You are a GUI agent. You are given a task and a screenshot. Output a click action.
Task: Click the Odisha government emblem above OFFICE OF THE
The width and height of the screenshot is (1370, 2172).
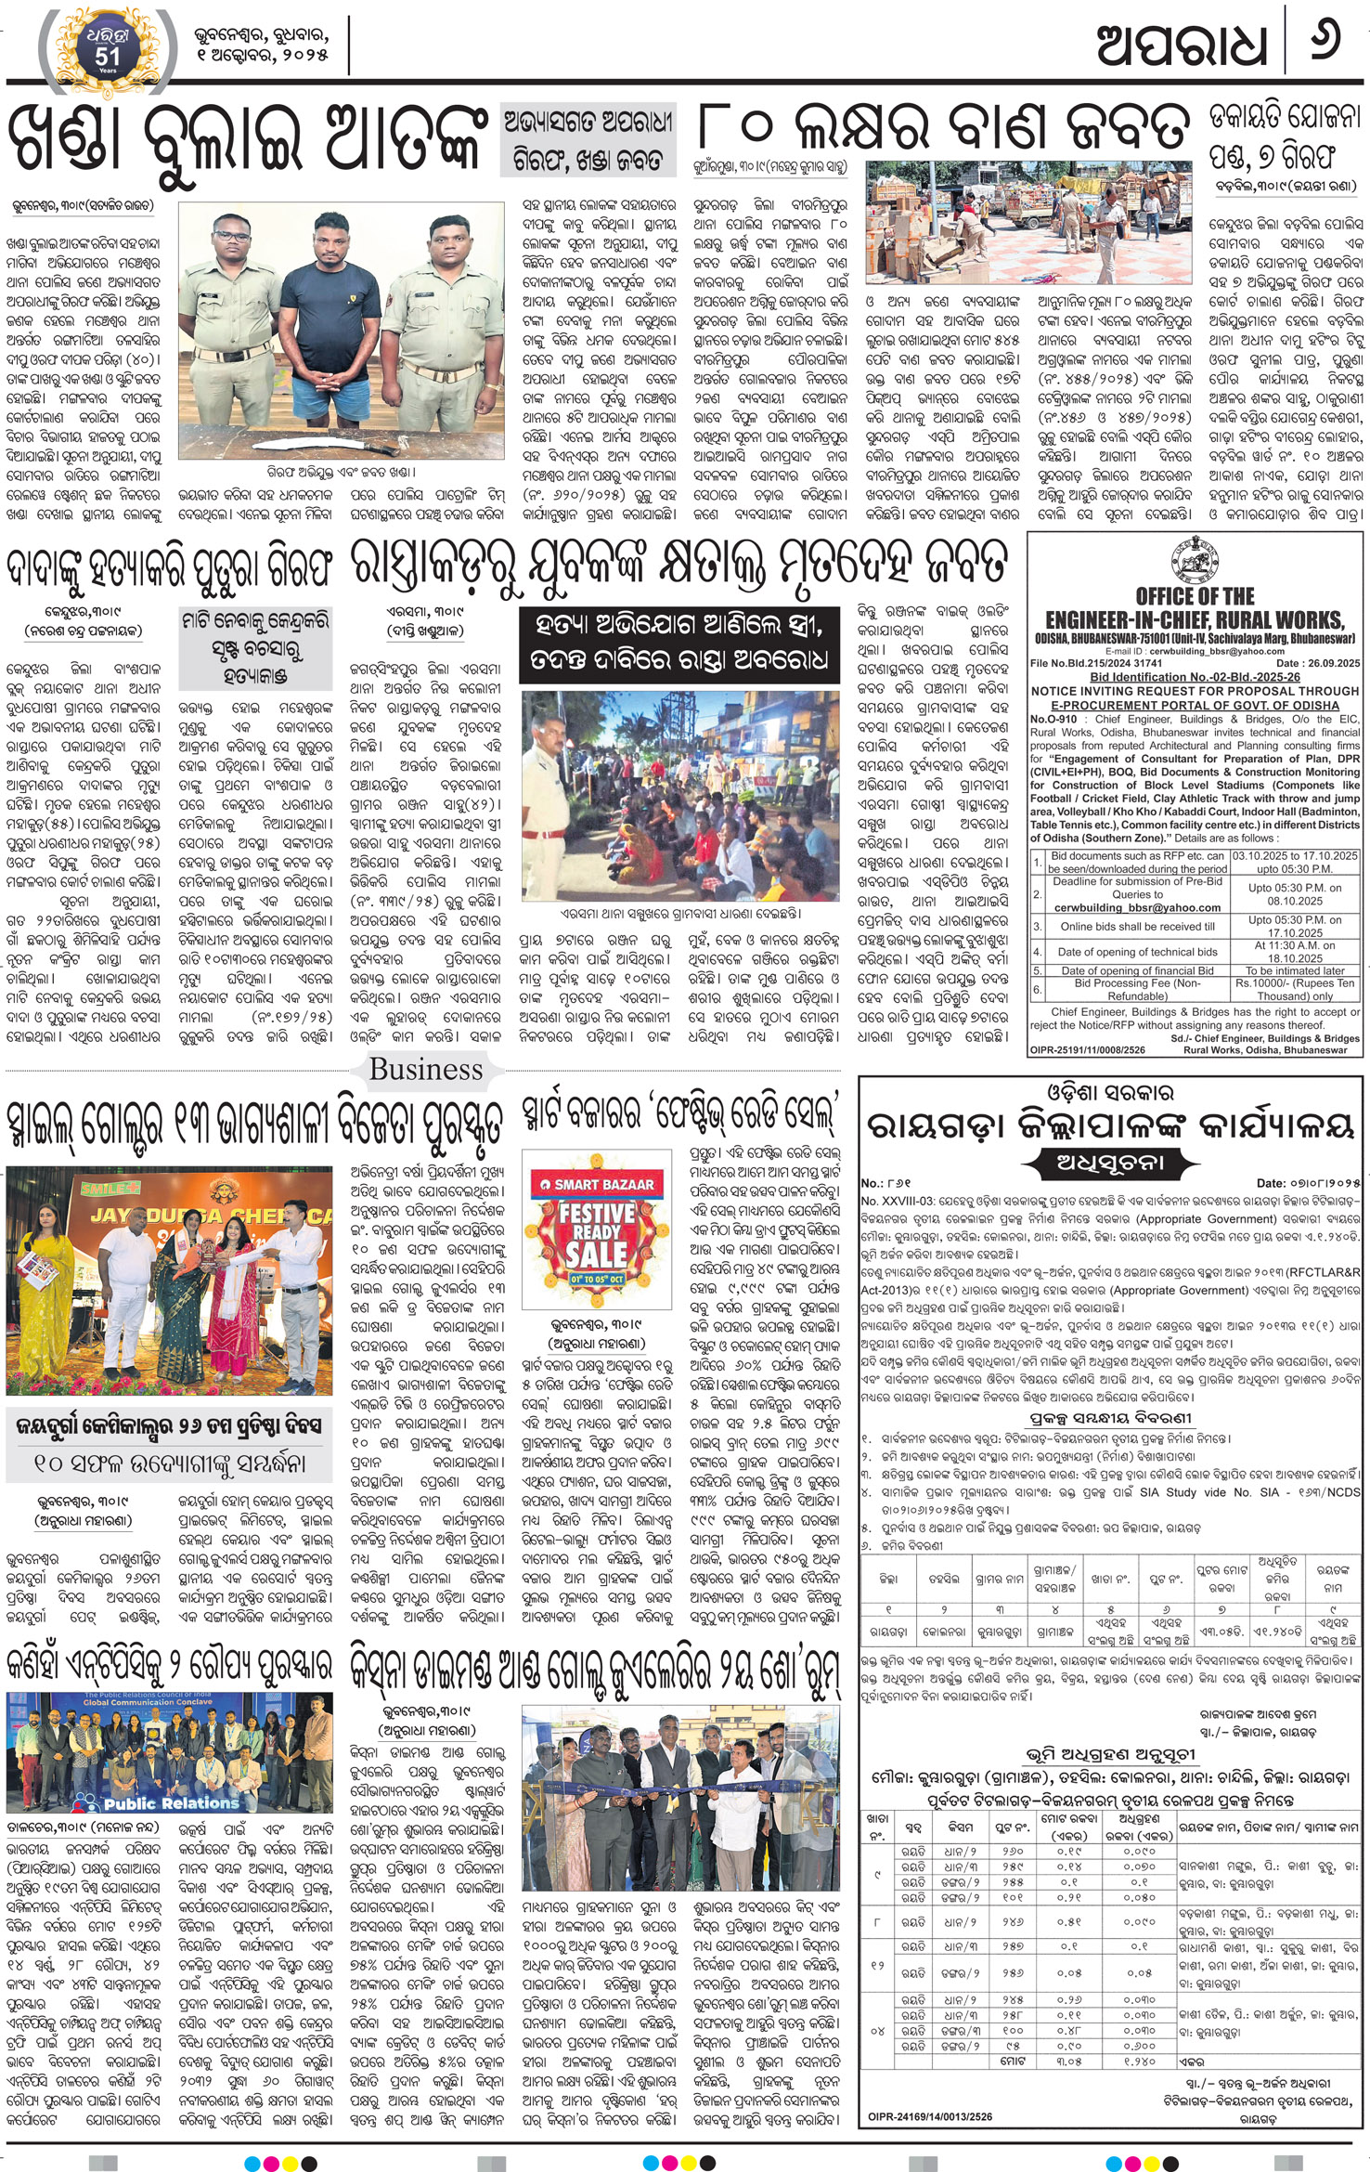point(1195,561)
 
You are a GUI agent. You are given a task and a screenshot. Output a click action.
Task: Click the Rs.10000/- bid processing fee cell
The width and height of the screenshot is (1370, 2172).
point(1294,989)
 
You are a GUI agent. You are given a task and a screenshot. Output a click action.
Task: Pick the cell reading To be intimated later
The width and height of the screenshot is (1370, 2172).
point(1294,970)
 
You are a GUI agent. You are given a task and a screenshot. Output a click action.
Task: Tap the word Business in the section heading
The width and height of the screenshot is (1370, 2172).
point(426,1070)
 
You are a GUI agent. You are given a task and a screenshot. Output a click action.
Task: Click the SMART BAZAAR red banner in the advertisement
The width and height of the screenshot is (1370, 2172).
point(590,1184)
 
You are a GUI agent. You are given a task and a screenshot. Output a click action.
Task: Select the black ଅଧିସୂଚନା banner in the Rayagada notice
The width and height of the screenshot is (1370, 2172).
point(1110,1162)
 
